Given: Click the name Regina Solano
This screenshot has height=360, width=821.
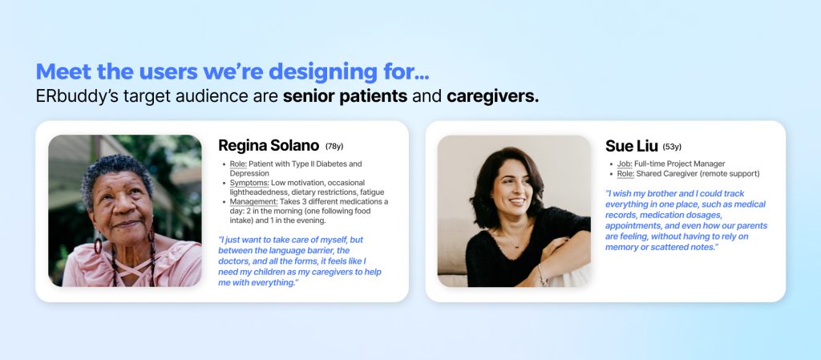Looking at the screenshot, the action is [x=269, y=145].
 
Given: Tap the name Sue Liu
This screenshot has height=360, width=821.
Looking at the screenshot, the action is [x=632, y=146].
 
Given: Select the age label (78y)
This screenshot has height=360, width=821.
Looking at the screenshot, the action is [x=334, y=147].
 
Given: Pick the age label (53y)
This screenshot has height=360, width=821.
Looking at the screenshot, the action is [x=673, y=147].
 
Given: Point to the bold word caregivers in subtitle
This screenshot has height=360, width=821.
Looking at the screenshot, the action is [x=493, y=97].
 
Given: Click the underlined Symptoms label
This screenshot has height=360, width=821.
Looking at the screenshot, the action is [x=249, y=183].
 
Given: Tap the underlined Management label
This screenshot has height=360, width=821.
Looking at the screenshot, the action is [x=253, y=202].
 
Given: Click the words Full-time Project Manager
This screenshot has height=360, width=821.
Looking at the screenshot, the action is [x=680, y=164].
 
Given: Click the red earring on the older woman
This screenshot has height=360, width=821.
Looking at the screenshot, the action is [x=98, y=244].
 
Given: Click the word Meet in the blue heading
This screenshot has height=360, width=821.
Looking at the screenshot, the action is [x=64, y=71].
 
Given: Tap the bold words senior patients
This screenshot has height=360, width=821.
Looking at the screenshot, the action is [x=345, y=97].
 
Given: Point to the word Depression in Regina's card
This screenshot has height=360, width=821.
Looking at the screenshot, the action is [x=249, y=173].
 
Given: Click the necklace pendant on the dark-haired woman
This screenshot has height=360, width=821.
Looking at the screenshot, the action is [x=516, y=246].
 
